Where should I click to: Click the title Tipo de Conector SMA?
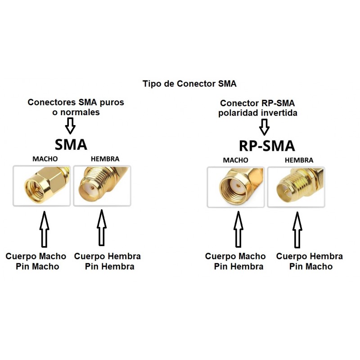[x=189, y=84]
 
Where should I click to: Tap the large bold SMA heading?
[x=71, y=144]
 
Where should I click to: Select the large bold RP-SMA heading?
[x=266, y=146]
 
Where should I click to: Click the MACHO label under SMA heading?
[x=45, y=159]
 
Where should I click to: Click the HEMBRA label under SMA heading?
[x=105, y=159]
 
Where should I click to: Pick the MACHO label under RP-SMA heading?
[x=235, y=160]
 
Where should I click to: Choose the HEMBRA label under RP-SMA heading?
[x=299, y=160]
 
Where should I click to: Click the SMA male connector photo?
[x=42, y=186]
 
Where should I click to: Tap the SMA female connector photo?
[x=102, y=186]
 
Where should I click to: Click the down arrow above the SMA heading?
[x=70, y=126]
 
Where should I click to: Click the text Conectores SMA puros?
[x=76, y=102]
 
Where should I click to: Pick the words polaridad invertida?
[x=258, y=113]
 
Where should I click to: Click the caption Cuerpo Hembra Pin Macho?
[x=310, y=261]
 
